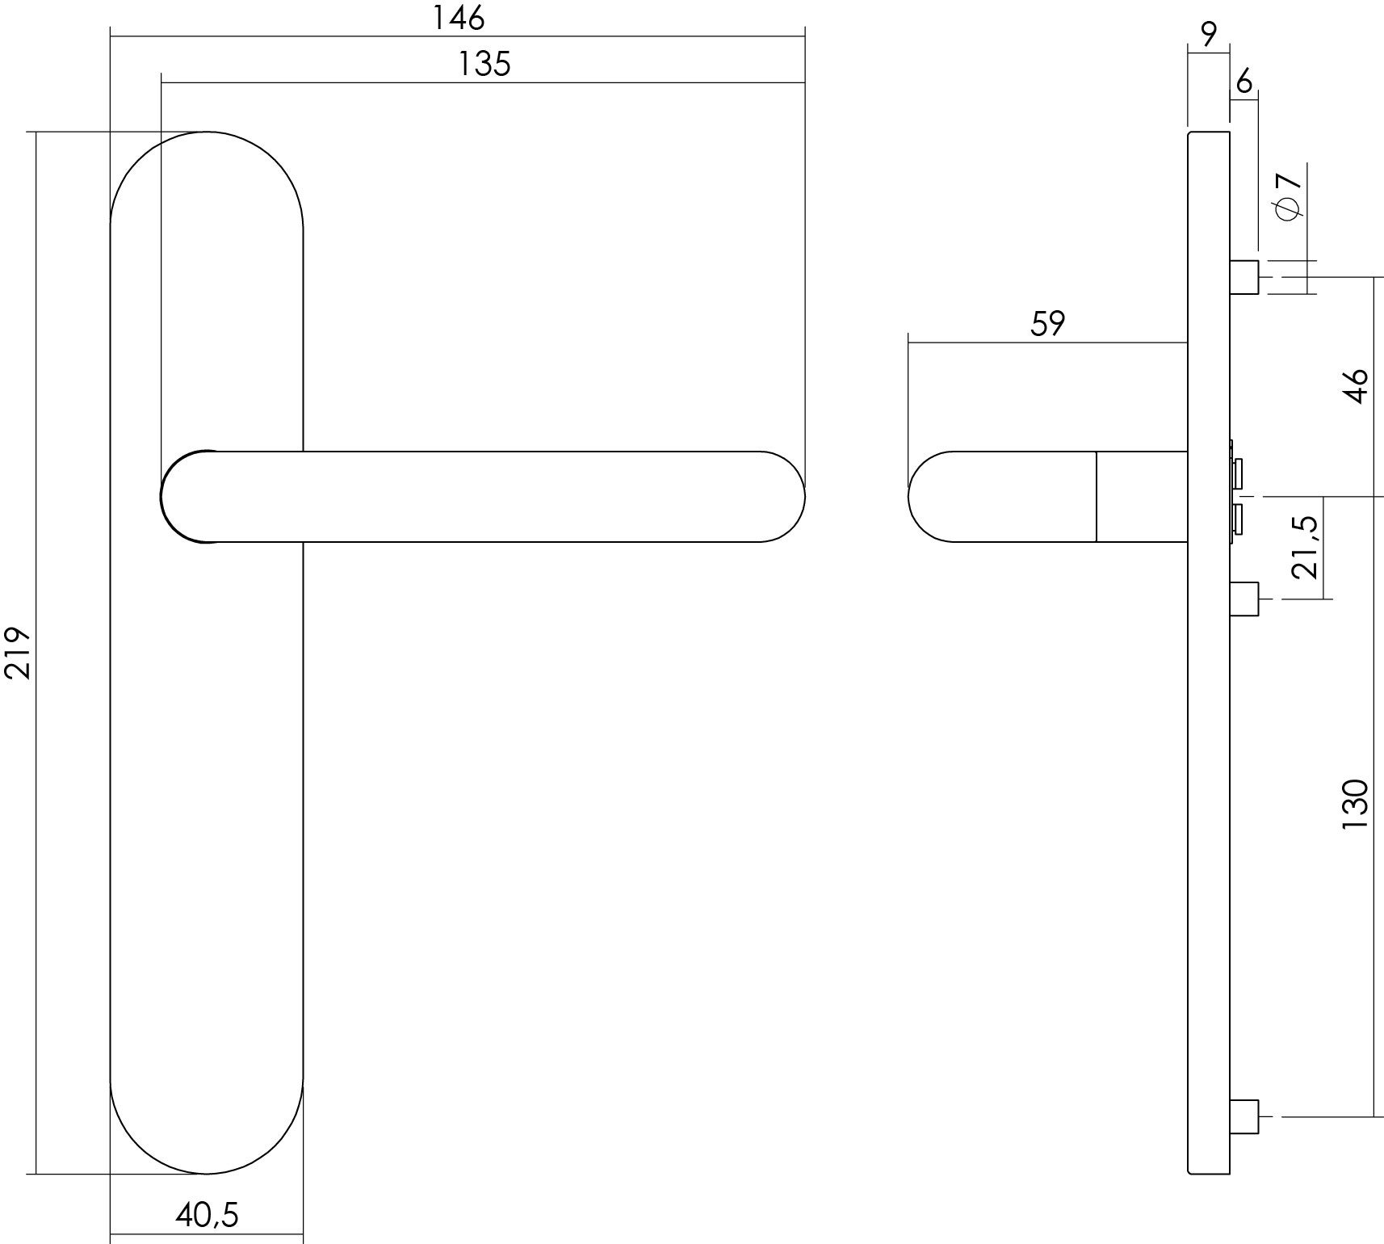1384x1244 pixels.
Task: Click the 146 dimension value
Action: [x=458, y=18]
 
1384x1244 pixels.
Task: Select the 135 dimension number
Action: [x=484, y=64]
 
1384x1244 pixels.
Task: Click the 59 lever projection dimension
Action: [x=1048, y=323]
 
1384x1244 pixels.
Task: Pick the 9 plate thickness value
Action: [x=1209, y=34]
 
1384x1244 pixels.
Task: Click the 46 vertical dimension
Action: [x=1357, y=386]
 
